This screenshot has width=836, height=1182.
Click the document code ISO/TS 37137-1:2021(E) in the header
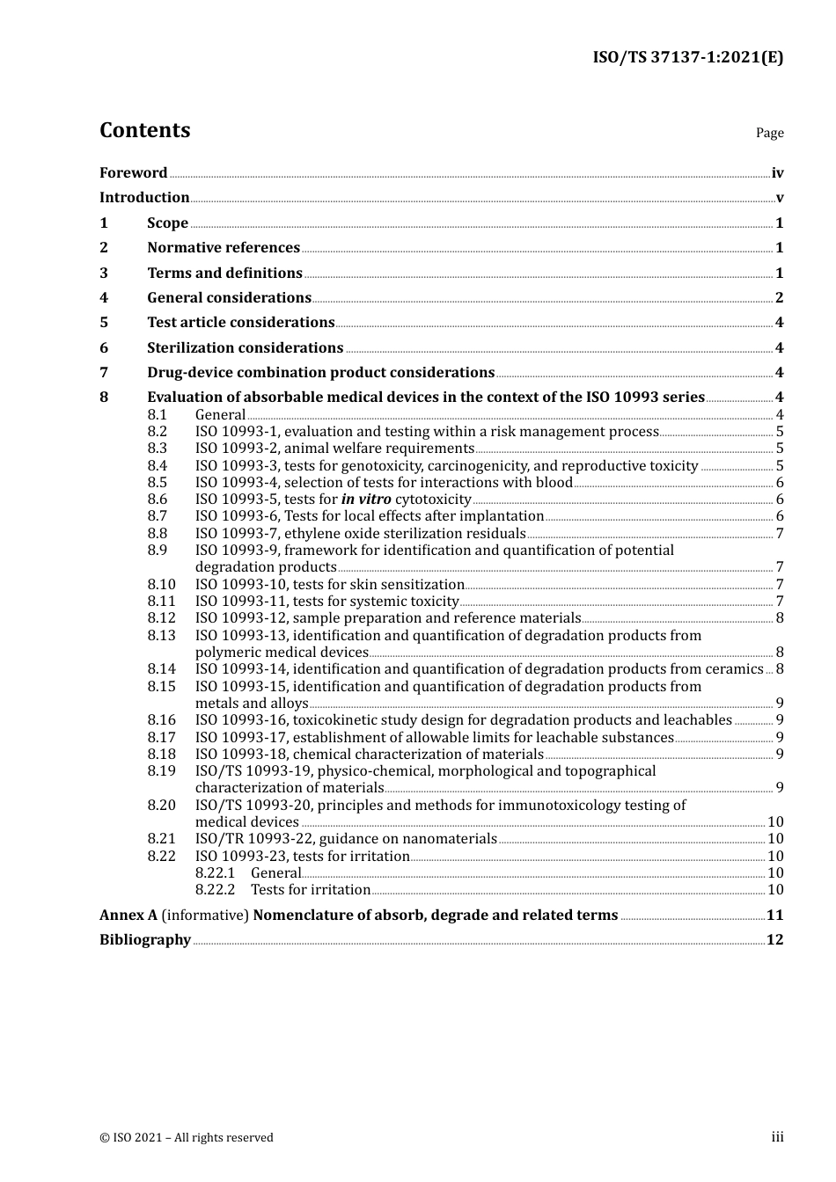coord(687,58)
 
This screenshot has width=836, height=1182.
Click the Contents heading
coord(144,130)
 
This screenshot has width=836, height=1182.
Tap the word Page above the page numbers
coord(769,133)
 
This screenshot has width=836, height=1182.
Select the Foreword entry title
coord(133,173)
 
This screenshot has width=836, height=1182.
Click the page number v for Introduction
coord(779,198)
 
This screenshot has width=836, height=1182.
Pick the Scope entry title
coord(167,223)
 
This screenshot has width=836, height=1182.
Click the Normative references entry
coord(224,248)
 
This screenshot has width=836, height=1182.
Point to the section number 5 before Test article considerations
coord(104,323)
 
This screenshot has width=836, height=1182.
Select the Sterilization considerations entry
coord(245,348)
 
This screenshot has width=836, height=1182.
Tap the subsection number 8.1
coord(157,415)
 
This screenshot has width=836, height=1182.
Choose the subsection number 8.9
coord(157,551)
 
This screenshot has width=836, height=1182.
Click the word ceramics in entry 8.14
coord(734,669)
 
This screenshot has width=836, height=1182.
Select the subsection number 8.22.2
coord(215,890)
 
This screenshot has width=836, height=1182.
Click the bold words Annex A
coord(128,916)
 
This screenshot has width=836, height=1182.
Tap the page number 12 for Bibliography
coord(774,940)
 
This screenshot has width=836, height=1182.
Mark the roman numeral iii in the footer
coord(777,1137)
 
